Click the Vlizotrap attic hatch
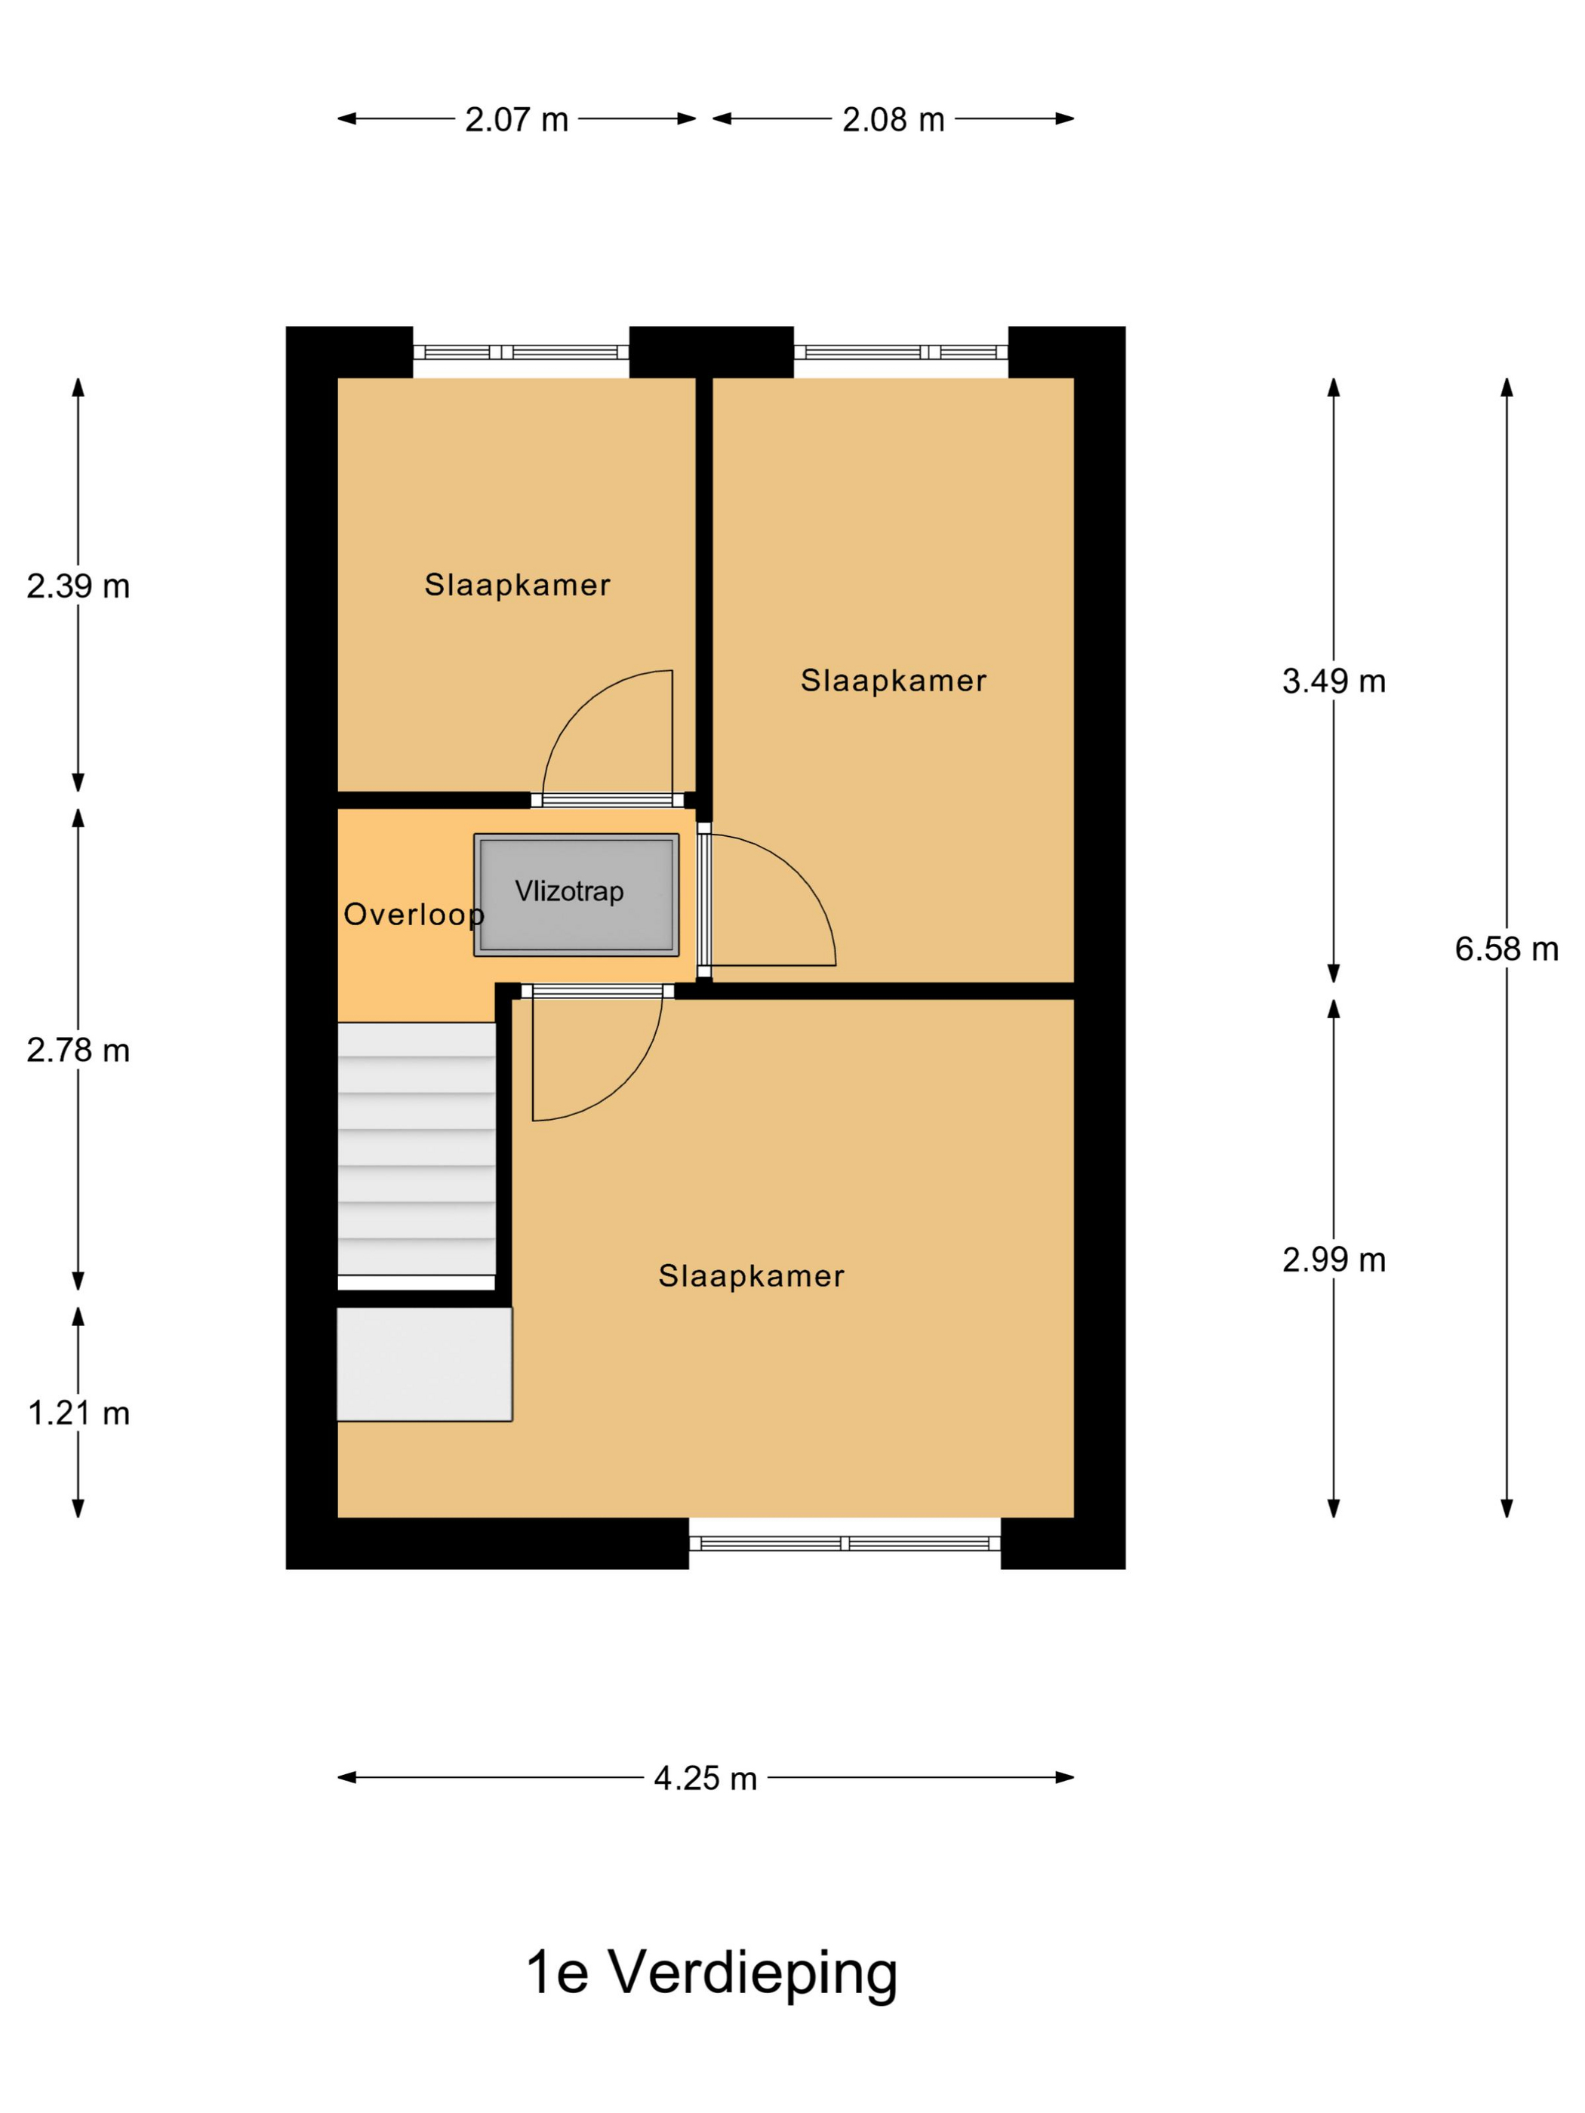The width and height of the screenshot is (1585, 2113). (576, 894)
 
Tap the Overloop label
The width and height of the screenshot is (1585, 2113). (414, 915)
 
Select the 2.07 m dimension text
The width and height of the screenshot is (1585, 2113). (516, 119)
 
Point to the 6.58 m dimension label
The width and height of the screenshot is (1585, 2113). (1506, 949)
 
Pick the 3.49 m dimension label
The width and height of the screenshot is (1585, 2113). (1333, 681)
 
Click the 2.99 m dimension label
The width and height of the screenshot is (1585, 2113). (1333, 1260)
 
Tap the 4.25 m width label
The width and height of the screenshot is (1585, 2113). (705, 1778)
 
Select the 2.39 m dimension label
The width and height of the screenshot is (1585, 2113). (78, 586)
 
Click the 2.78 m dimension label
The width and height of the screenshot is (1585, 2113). (78, 1050)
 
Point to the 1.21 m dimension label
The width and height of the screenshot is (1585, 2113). (78, 1413)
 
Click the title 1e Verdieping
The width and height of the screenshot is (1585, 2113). (712, 1973)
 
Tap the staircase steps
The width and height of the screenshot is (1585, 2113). (417, 1149)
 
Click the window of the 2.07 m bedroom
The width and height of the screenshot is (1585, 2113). (521, 352)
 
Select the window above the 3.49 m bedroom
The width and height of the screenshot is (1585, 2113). (901, 352)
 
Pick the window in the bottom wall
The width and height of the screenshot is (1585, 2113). (845, 1542)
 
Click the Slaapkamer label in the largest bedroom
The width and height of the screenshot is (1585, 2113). (751, 1276)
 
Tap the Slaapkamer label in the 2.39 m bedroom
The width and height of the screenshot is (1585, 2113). (517, 585)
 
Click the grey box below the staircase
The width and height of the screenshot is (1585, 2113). (424, 1364)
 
